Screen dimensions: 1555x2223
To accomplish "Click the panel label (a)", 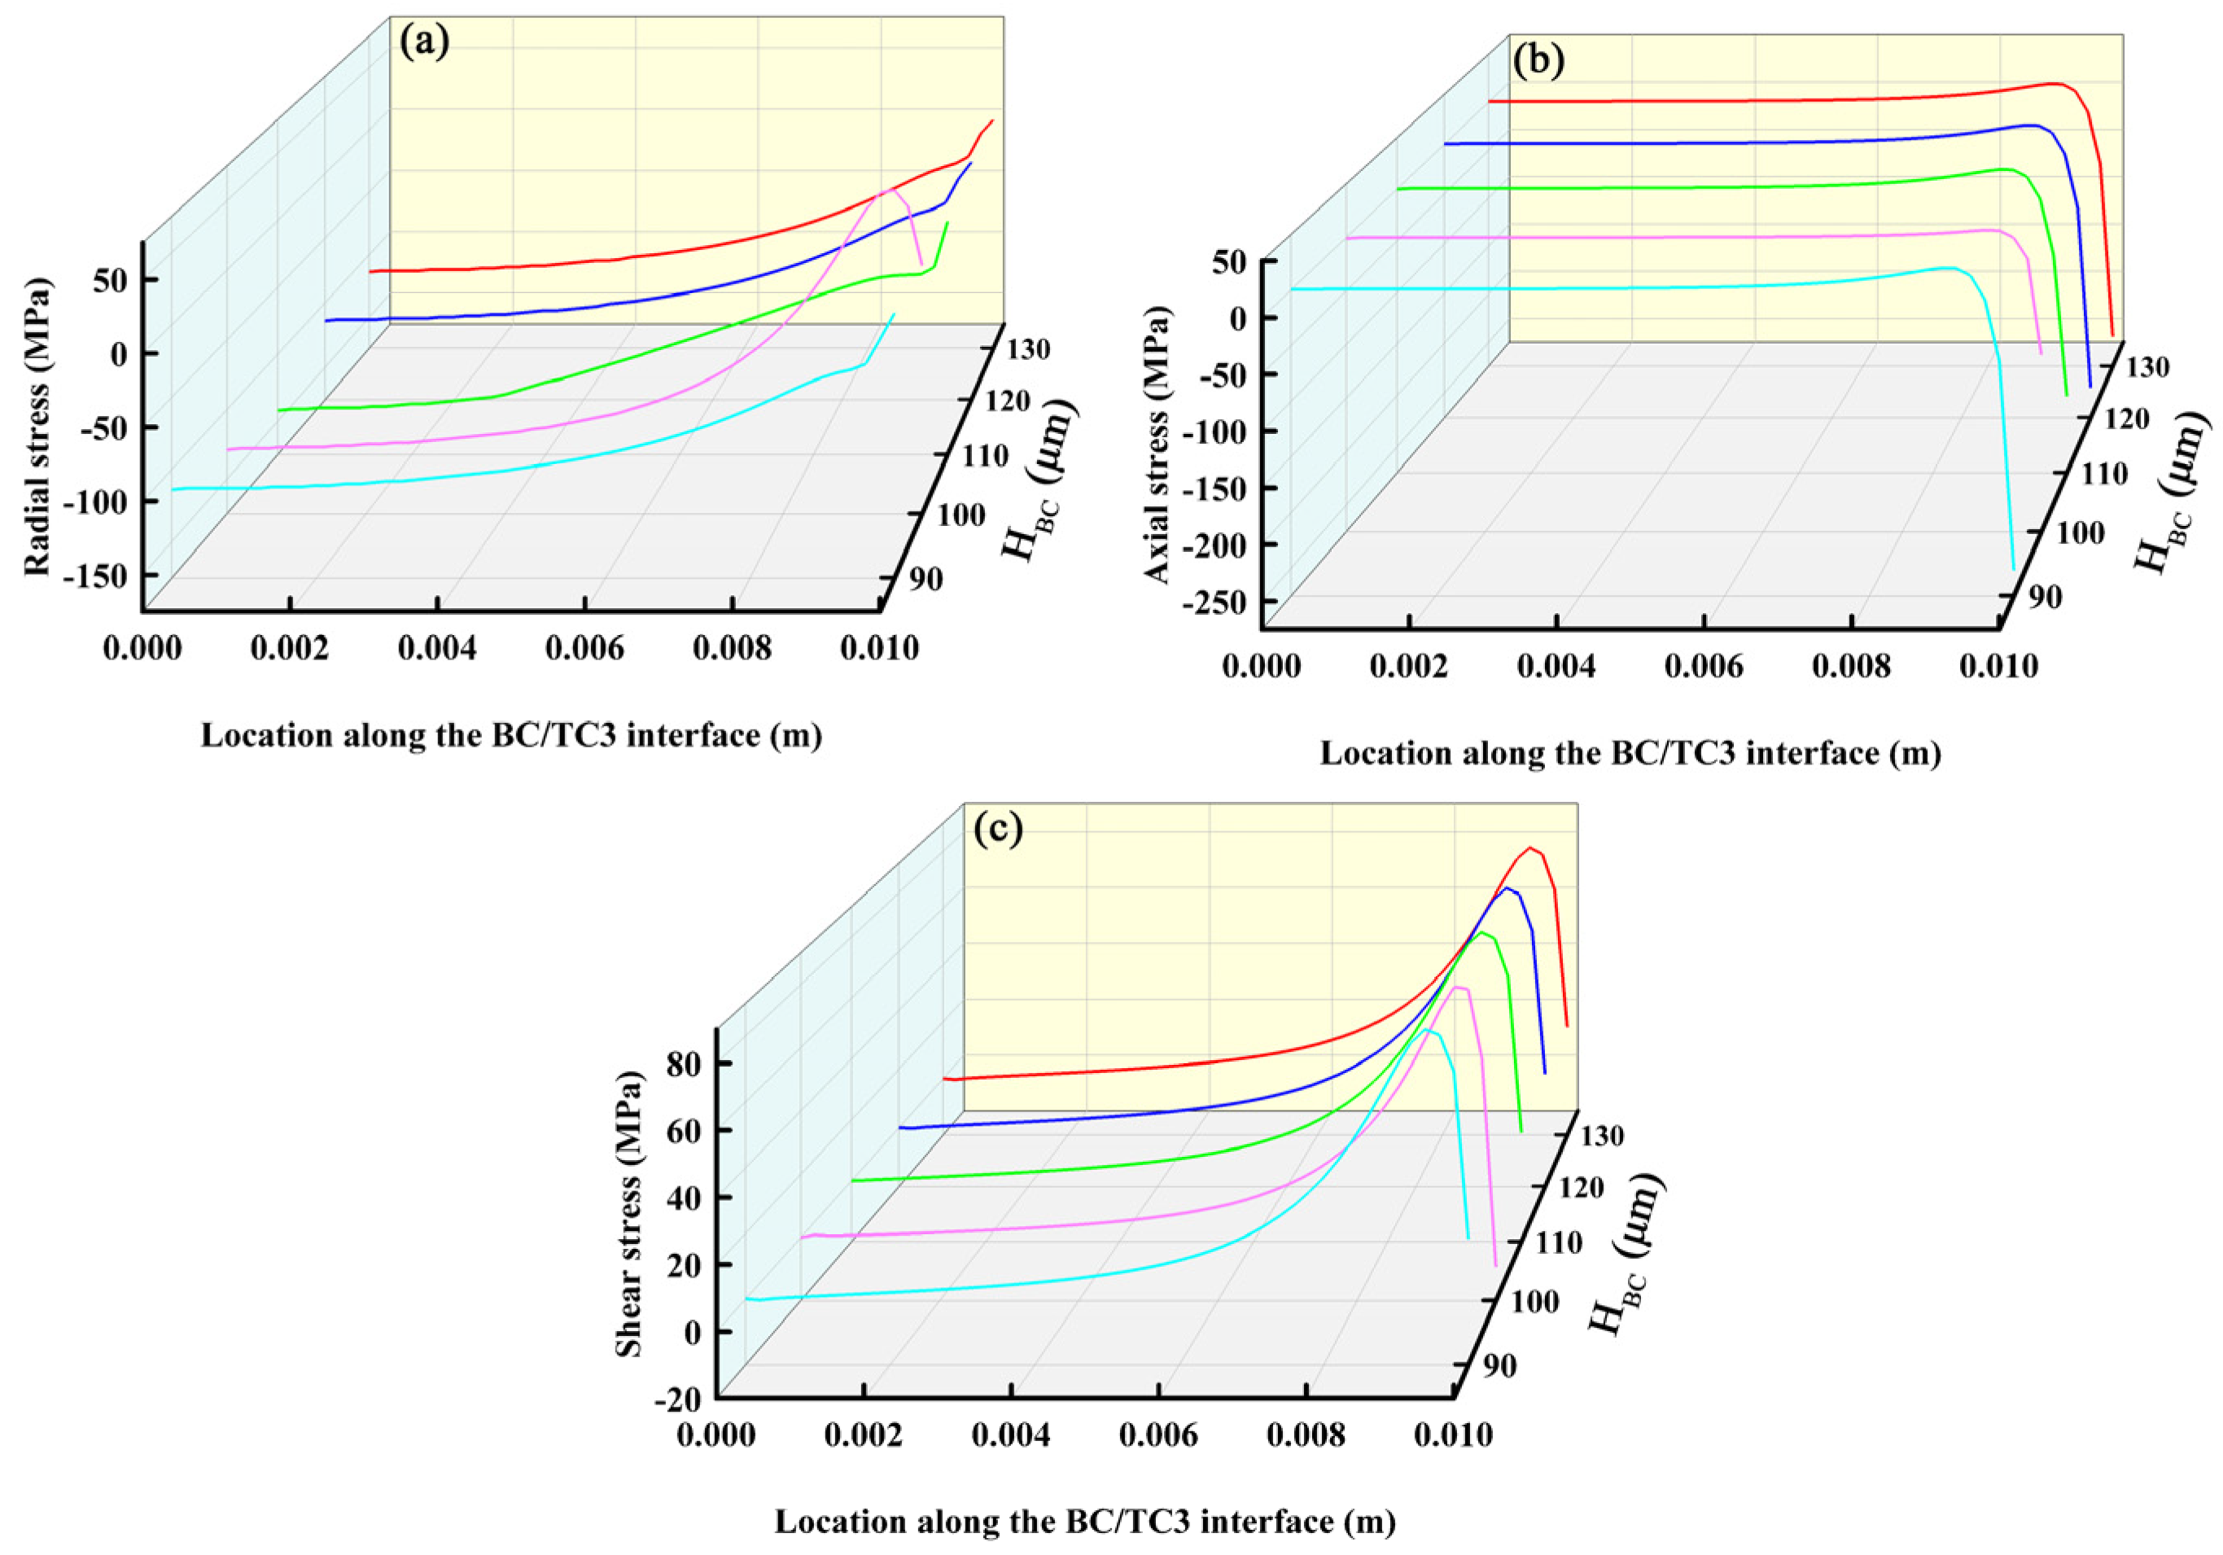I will [x=424, y=44].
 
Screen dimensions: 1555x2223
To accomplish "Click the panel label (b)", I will [x=1538, y=61].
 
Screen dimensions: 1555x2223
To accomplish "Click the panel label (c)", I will [x=997, y=830].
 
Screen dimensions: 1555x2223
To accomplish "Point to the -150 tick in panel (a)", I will [x=97, y=575].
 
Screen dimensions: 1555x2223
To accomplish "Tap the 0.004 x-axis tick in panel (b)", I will [x=1556, y=666].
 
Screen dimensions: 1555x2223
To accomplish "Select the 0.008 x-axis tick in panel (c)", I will [x=1305, y=1434].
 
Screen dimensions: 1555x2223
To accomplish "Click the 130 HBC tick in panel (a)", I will [x=1028, y=348].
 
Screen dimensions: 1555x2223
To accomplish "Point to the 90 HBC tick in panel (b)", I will [x=2045, y=598].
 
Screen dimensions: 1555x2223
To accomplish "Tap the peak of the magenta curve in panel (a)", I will [x=894, y=190].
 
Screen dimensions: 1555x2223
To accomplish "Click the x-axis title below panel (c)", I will [x=1084, y=1521].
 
